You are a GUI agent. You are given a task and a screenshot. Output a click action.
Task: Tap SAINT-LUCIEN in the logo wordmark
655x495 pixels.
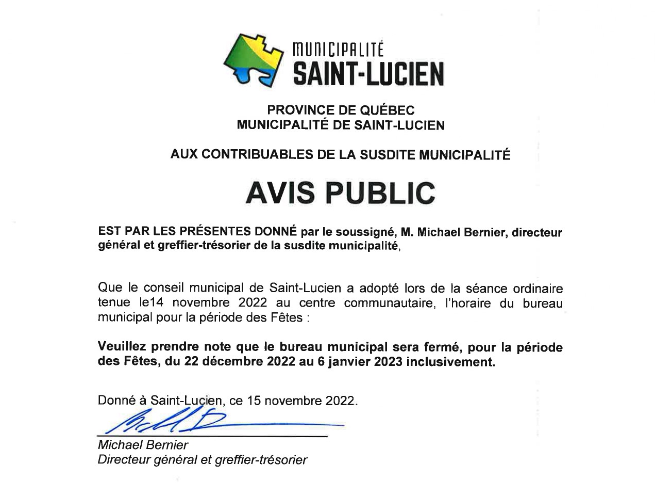pyautogui.click(x=368, y=73)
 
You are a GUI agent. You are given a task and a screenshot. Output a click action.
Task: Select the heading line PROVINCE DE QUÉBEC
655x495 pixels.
pyautogui.click(x=340, y=110)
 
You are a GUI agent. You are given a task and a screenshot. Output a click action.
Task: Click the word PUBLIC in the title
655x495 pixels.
pyautogui.click(x=381, y=193)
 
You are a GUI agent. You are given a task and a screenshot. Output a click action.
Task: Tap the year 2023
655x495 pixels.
pyautogui.click(x=388, y=361)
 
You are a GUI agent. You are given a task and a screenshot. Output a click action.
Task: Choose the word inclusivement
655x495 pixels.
pyautogui.click(x=450, y=361)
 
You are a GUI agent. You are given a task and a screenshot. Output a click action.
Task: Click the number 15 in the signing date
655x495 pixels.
pyautogui.click(x=253, y=401)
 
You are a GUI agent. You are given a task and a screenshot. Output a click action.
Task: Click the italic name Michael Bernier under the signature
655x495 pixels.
pyautogui.click(x=143, y=445)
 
